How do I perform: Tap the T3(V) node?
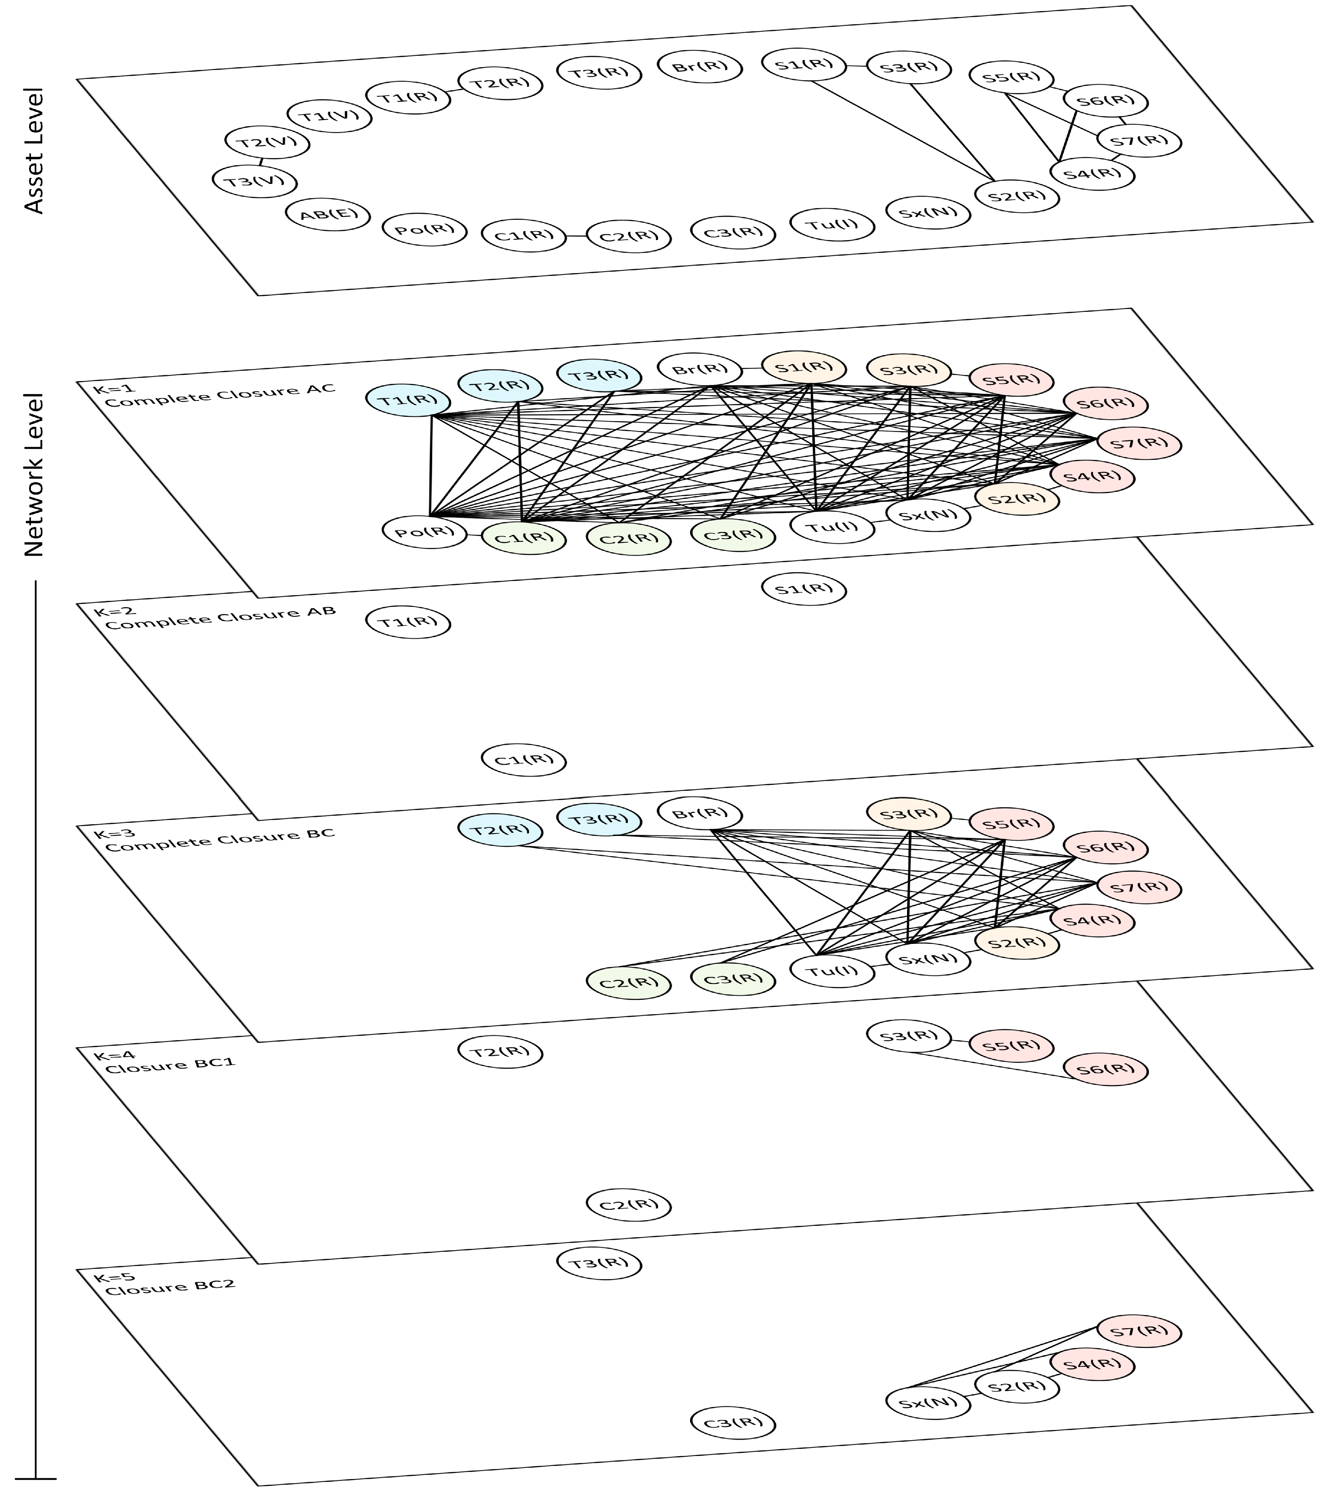coord(254,181)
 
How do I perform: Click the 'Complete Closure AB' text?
coord(219,617)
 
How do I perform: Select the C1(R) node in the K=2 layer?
coord(523,760)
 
